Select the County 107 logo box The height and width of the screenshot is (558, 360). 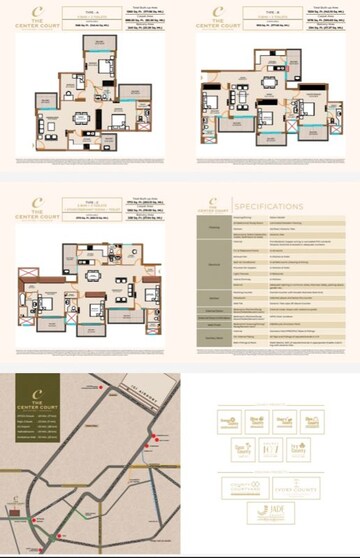click(x=270, y=449)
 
